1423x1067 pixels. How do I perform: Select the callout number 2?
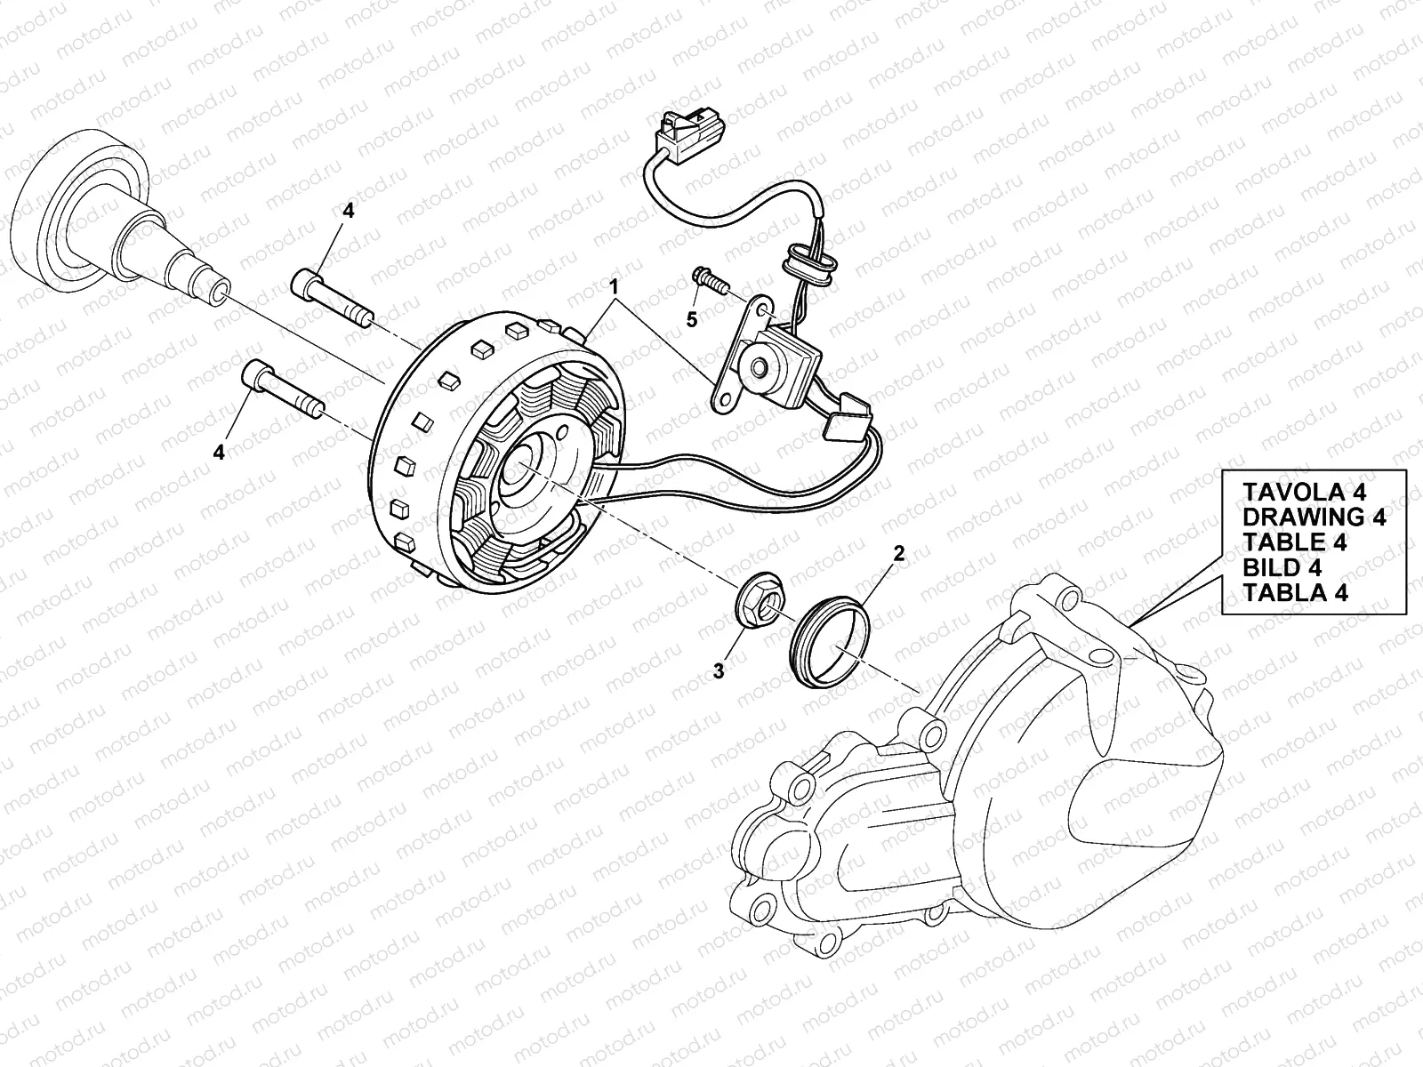coord(898,554)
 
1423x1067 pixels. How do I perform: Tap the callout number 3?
coord(719,672)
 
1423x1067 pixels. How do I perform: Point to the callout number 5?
coord(691,318)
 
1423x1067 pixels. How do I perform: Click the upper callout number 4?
coord(348,211)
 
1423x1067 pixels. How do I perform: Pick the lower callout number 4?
coord(219,452)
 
